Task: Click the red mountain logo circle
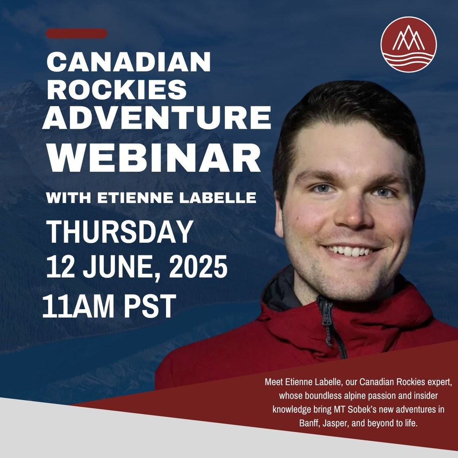[409, 45]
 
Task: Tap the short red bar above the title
[76, 34]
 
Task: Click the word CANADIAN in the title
[129, 63]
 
